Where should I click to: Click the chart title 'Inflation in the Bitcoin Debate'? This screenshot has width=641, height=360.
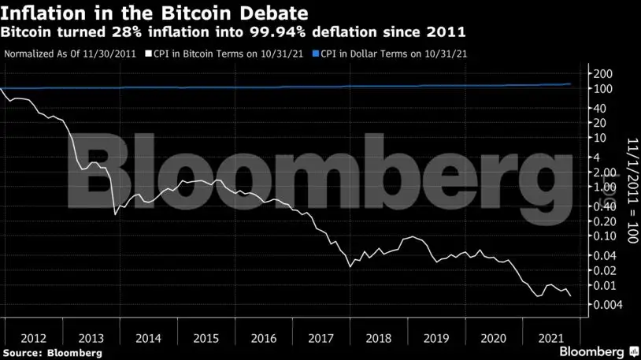[x=154, y=13]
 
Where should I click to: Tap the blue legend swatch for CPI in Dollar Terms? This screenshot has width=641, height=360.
[x=315, y=55]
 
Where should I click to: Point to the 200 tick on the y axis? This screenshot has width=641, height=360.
[x=603, y=73]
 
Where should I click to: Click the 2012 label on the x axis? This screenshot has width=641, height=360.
[x=32, y=338]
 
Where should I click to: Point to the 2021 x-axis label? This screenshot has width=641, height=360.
[x=550, y=338]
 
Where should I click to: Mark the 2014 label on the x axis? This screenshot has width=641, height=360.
[x=147, y=338]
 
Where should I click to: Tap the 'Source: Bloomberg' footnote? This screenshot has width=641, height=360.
[x=52, y=353]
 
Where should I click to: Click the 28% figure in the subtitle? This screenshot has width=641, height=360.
[x=128, y=33]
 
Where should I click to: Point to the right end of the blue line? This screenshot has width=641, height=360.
[x=571, y=84]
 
